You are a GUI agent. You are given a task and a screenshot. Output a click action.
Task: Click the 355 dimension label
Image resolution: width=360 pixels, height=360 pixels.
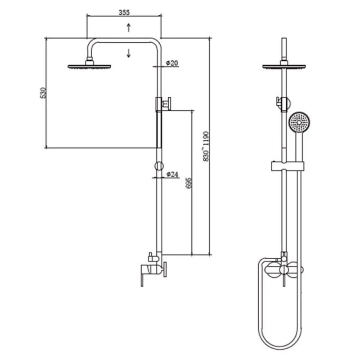[124, 13]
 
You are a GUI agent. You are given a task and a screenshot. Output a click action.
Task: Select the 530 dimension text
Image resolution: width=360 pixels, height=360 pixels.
[43, 93]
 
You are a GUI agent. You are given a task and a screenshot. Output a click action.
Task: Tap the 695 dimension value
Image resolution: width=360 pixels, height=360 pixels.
[189, 183]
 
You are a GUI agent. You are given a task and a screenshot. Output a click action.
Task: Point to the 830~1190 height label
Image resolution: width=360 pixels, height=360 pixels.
[206, 147]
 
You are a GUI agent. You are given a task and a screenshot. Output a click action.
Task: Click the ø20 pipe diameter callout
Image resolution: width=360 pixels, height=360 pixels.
[172, 63]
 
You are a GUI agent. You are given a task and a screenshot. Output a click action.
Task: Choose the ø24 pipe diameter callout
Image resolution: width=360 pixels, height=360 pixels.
[172, 175]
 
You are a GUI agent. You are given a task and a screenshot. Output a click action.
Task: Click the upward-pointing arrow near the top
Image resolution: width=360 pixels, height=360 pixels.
[129, 27]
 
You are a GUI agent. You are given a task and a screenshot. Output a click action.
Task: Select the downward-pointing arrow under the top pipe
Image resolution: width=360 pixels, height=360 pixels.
[129, 53]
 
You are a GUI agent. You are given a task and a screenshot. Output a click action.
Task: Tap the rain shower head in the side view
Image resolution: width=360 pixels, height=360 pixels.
[89, 65]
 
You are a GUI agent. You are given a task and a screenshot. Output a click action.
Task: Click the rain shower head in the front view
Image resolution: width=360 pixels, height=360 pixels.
[284, 65]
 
